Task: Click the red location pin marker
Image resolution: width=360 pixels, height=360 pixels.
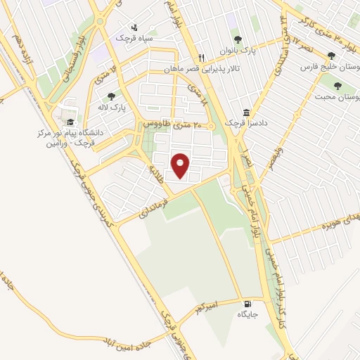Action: (x=181, y=165)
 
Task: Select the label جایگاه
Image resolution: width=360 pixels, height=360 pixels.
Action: (x=247, y=314)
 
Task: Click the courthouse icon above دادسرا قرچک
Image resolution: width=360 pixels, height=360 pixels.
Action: (x=246, y=112)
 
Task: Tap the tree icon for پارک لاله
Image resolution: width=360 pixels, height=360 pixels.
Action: (x=110, y=97)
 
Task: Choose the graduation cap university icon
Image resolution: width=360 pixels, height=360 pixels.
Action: (x=70, y=121)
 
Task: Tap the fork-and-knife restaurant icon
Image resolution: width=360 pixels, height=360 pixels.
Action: (x=201, y=58)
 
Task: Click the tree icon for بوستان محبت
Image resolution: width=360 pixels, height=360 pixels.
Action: (x=339, y=85)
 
